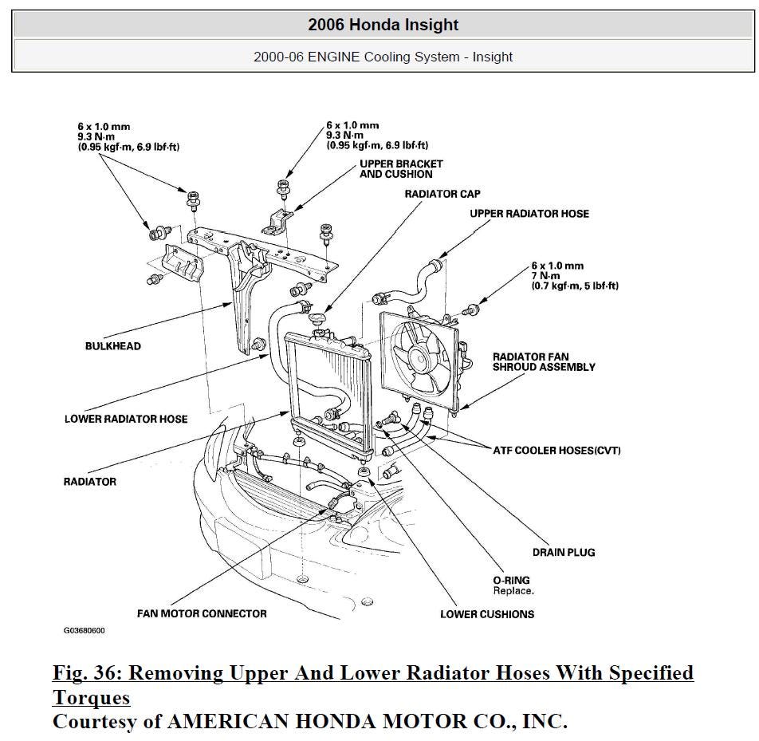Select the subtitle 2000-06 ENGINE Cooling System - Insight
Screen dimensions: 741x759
[383, 57]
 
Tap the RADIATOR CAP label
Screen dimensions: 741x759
[442, 194]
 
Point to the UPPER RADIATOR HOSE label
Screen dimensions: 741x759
[529, 214]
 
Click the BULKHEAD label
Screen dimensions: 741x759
[113, 346]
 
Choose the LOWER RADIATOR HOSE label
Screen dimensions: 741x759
[126, 419]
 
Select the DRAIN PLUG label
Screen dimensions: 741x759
[564, 552]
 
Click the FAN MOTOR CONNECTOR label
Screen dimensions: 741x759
[202, 613]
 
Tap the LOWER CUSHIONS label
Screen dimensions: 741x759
[487, 614]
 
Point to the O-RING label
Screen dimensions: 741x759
[511, 580]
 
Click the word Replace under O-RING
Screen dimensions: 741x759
[513, 591]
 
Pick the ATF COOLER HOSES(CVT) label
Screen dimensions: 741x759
[556, 451]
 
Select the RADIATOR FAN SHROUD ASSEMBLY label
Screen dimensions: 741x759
[544, 362]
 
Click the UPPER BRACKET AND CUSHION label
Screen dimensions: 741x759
[401, 169]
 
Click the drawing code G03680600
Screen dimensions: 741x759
[85, 630]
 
